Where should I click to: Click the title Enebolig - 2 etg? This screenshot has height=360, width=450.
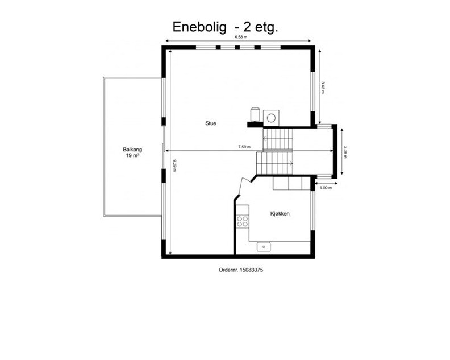[226, 27]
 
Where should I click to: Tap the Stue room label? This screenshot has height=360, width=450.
[211, 123]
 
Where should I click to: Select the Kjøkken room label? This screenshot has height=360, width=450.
[280, 214]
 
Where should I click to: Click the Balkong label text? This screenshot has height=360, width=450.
[132, 150]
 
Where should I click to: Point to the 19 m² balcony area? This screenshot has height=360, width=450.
[132, 155]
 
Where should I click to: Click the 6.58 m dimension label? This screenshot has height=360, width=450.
[241, 37]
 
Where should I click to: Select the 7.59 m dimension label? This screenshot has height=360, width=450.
[244, 147]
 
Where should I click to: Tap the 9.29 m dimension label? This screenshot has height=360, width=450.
[174, 165]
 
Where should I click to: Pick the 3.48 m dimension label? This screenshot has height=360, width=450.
[323, 88]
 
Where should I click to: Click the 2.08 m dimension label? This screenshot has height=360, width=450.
[345, 152]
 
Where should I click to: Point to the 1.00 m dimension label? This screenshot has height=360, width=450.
[326, 188]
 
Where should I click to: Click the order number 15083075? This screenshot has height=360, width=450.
[251, 270]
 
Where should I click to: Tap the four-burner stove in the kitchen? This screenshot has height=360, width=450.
[243, 221]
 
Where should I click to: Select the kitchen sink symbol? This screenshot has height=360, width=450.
[264, 247]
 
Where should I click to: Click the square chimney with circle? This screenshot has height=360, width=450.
[271, 118]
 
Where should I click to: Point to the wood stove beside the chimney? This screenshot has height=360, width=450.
[255, 114]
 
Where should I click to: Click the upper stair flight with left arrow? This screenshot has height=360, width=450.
[278, 139]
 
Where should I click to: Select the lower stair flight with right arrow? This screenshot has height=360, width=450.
[274, 163]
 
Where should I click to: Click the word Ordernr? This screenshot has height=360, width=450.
[228, 270]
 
